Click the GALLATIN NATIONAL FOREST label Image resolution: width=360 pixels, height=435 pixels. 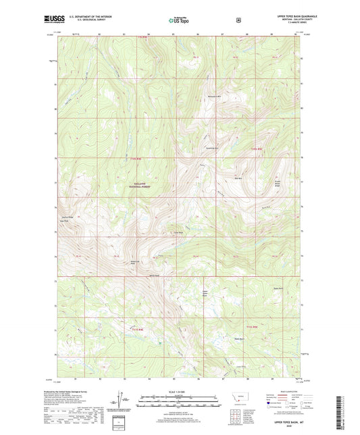tap(138, 184)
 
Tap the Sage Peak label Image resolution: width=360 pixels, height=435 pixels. tap(66, 220)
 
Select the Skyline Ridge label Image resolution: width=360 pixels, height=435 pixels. tap(67, 216)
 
